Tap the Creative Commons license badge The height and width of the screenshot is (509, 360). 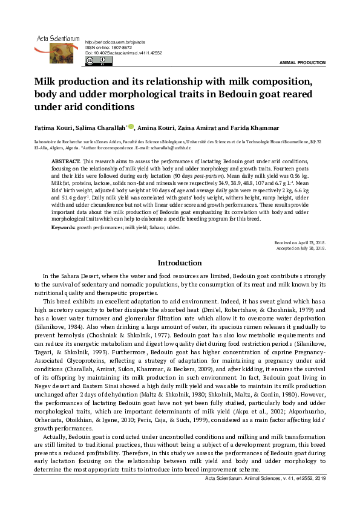tap(99, 60)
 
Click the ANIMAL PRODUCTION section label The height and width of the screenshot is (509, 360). tap(302, 63)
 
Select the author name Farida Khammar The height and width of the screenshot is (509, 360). tap(245, 128)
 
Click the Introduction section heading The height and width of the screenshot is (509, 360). tap(180, 263)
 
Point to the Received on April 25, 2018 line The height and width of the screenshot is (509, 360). tap(300, 242)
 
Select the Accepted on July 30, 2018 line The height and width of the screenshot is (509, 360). tap(301, 248)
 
